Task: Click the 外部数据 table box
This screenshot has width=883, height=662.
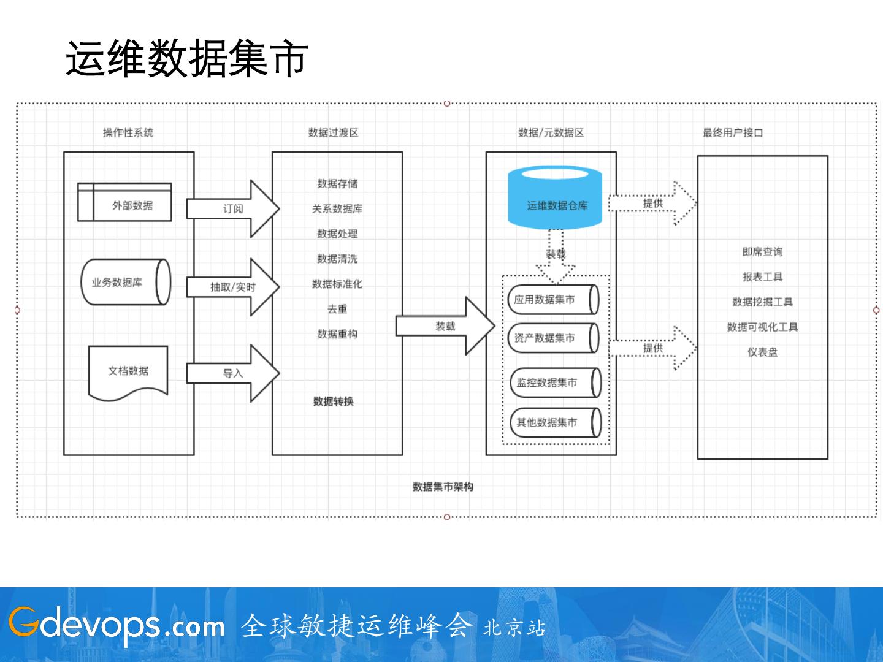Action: pos(124,202)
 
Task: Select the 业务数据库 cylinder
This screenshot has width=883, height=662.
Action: pos(126,282)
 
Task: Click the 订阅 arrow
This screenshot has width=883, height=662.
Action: pos(233,208)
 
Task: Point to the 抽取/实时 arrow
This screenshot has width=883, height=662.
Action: pos(233,287)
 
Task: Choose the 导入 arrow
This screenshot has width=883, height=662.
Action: pos(233,373)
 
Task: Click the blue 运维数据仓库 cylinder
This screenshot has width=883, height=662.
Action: pos(555,197)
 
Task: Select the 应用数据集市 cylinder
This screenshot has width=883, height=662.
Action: pos(554,300)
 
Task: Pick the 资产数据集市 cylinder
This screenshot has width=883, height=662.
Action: pos(554,338)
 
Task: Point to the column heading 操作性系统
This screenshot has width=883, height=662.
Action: pos(128,132)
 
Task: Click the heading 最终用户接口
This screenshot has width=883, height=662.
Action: pos(733,132)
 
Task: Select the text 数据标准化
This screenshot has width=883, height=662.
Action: pos(337,284)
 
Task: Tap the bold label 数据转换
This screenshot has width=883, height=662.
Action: pos(334,401)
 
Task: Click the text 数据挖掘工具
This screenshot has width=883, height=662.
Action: pos(762,302)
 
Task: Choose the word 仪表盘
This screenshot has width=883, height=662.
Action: pos(762,352)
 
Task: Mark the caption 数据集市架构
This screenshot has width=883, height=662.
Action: pos(443,487)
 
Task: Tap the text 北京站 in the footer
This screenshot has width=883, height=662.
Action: pos(514,628)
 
